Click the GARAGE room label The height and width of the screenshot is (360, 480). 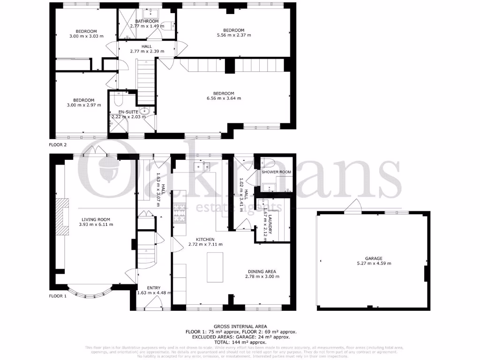[374, 258]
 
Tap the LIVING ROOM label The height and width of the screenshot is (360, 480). [96, 219]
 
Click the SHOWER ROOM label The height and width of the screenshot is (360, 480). [277, 172]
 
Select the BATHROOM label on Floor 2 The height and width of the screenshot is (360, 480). [147, 21]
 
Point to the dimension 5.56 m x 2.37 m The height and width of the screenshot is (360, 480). [233, 35]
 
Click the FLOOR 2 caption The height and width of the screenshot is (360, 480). [58, 145]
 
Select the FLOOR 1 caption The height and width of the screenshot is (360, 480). [58, 296]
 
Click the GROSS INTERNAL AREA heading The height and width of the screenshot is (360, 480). [240, 326]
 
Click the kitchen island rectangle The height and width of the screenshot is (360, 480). [214, 267]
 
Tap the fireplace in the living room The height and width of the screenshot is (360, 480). [61, 219]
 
